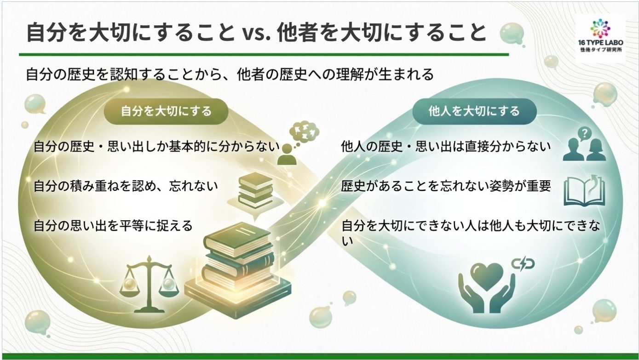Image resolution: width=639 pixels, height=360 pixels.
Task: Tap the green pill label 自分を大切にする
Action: click(x=166, y=111)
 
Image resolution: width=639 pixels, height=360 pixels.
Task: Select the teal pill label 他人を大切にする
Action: click(x=474, y=111)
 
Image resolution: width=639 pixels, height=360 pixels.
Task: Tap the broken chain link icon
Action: click(x=523, y=264)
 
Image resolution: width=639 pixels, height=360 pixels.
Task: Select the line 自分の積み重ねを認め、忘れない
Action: click(x=126, y=186)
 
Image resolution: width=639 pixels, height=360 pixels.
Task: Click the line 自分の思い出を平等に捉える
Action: click(x=113, y=226)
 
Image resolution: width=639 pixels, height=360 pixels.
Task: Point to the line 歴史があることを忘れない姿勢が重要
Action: click(x=446, y=186)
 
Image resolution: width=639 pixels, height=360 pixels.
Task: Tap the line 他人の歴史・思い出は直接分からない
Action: click(x=446, y=147)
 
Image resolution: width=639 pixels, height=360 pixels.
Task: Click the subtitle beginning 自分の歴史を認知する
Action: click(x=230, y=74)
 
